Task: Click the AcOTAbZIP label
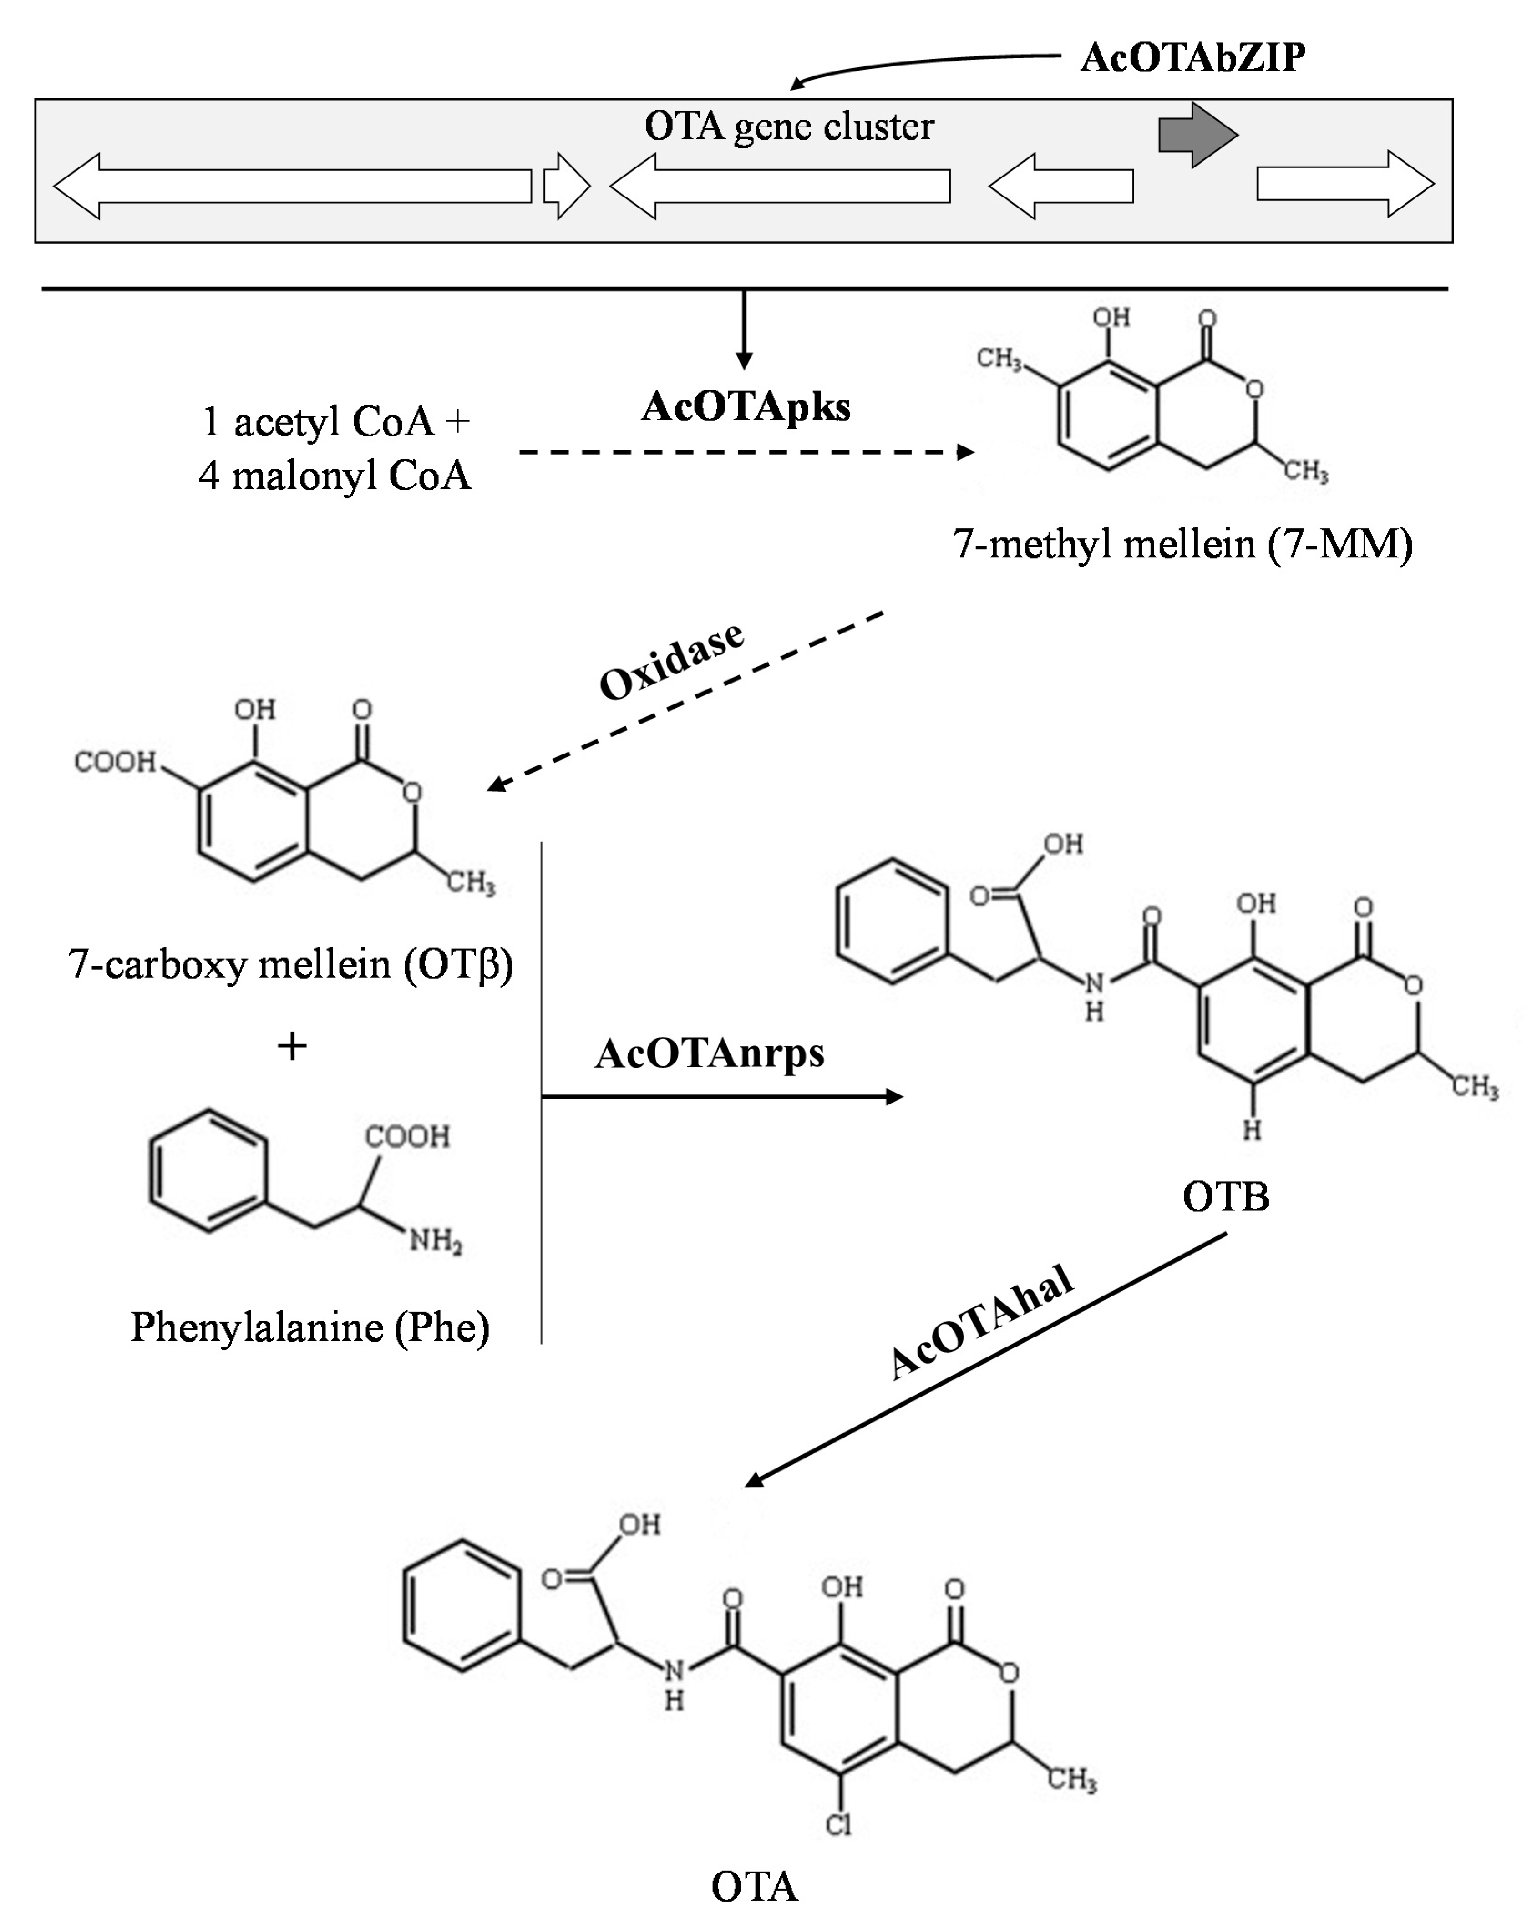click(x=1192, y=57)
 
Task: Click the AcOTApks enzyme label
click(x=746, y=407)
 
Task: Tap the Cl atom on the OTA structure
click(x=838, y=1824)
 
